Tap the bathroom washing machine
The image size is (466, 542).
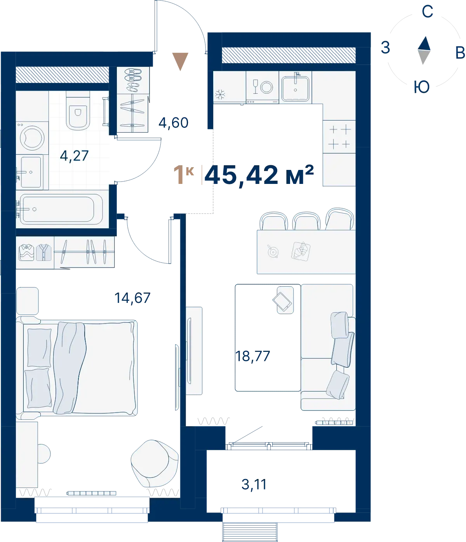[x=32, y=138]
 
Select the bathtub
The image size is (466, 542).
[x=59, y=209]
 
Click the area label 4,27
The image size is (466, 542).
[x=74, y=156]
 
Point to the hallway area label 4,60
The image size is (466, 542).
[x=174, y=122]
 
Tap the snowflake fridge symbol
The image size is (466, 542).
[x=220, y=94]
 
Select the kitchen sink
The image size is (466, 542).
[x=296, y=87]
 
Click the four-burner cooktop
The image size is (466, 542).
[x=339, y=136]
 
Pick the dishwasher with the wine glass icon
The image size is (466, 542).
[x=262, y=87]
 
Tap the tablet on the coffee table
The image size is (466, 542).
[x=282, y=302]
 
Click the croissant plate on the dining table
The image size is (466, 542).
[x=301, y=251]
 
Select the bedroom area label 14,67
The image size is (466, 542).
[x=132, y=298]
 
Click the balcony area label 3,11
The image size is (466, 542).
[x=254, y=484]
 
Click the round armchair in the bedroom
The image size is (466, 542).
[x=155, y=463]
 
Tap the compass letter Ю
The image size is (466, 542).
[x=422, y=87]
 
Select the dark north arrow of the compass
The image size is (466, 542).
[x=424, y=43]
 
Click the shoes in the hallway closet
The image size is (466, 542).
[x=133, y=80]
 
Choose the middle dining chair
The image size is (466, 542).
[x=306, y=221]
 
